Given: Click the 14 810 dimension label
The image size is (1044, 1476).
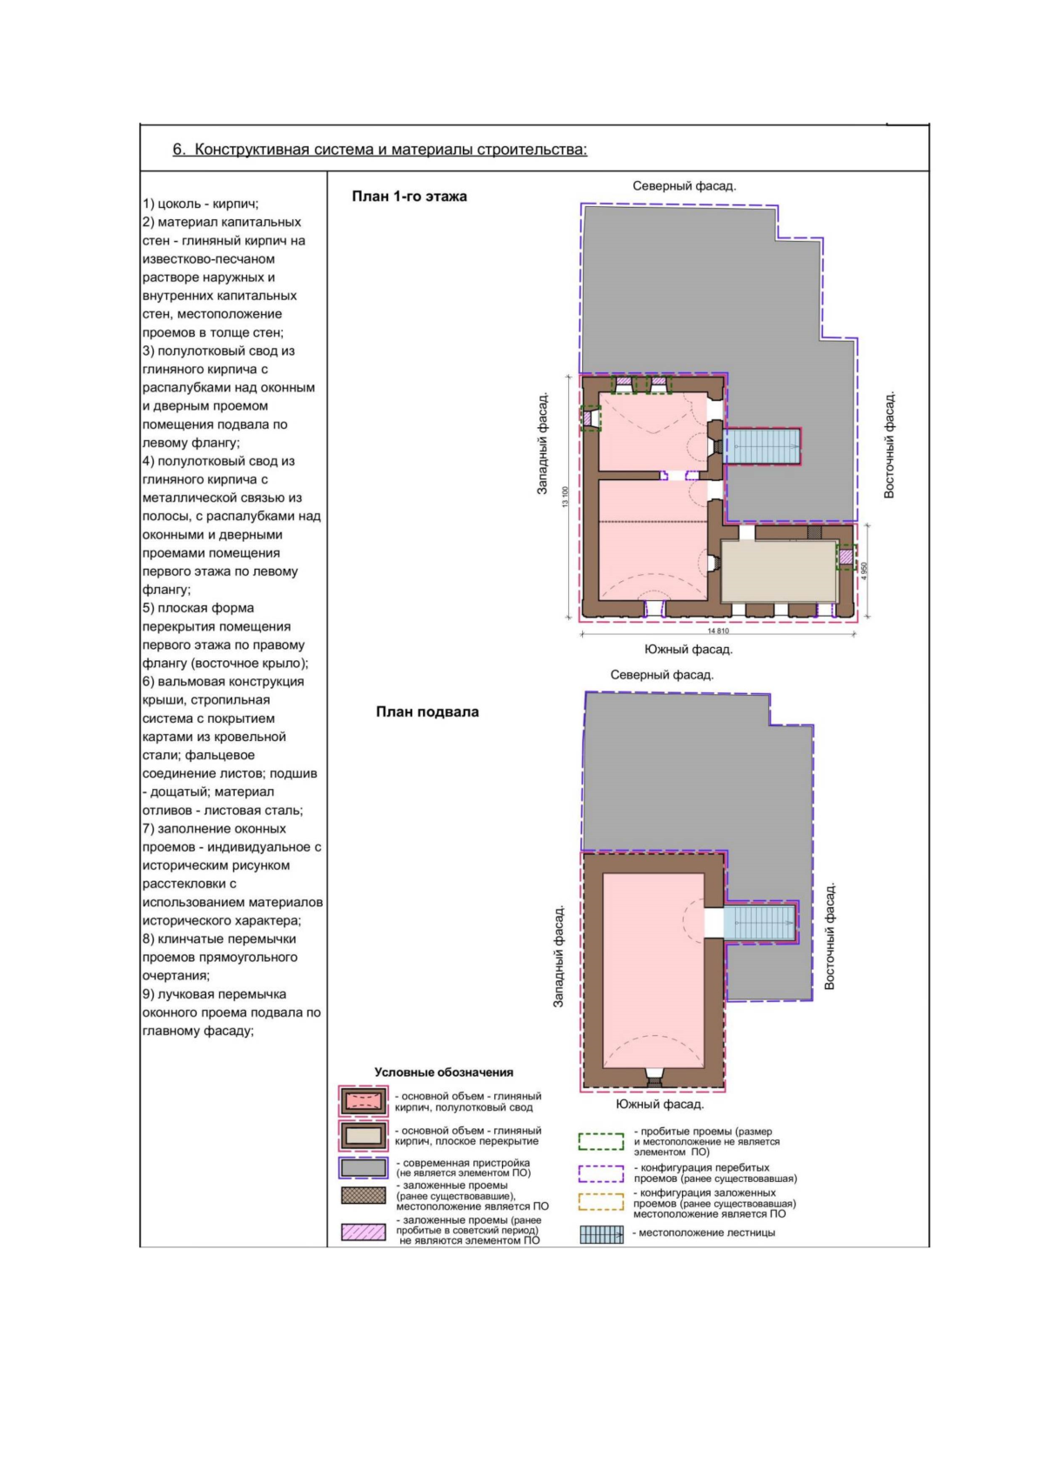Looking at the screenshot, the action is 718,631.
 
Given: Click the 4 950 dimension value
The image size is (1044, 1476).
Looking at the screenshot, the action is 864,571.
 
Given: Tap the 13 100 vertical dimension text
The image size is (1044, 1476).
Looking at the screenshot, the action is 564,496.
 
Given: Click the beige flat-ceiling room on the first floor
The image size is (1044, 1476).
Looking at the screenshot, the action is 779,571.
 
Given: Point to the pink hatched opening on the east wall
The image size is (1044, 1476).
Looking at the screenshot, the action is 846,556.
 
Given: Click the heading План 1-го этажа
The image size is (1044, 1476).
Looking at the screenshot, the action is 409,197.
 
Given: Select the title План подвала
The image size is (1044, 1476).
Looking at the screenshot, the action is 427,711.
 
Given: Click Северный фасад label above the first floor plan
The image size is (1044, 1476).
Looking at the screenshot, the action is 684,186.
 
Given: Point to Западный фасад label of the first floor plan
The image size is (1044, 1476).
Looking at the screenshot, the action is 542,444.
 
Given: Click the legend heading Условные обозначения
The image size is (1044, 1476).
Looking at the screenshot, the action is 444,1072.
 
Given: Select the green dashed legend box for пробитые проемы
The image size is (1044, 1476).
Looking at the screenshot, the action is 600,1141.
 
